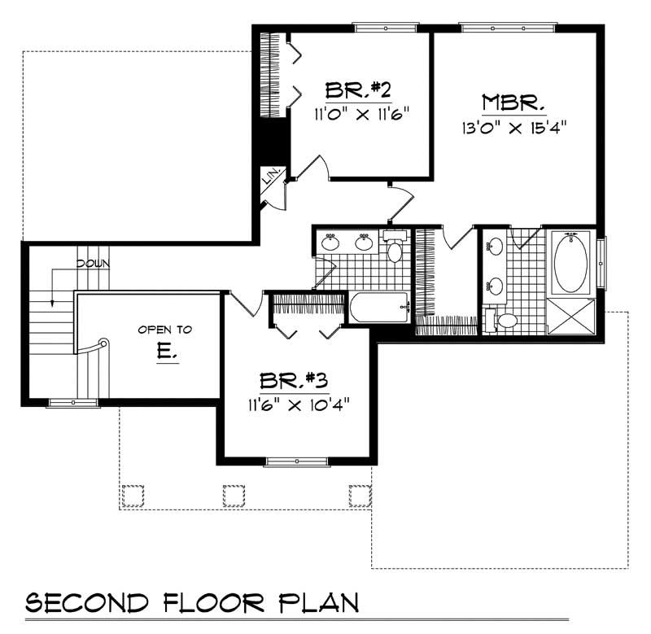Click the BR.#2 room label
click(354, 89)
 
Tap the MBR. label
click(513, 103)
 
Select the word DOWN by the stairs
click(94, 264)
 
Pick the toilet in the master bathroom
click(504, 321)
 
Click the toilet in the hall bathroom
click(395, 249)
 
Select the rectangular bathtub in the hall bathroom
click(379, 308)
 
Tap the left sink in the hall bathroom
click(331, 243)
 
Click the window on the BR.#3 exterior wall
click(295, 462)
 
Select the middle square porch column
click(233, 494)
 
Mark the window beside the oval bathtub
click(601, 262)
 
